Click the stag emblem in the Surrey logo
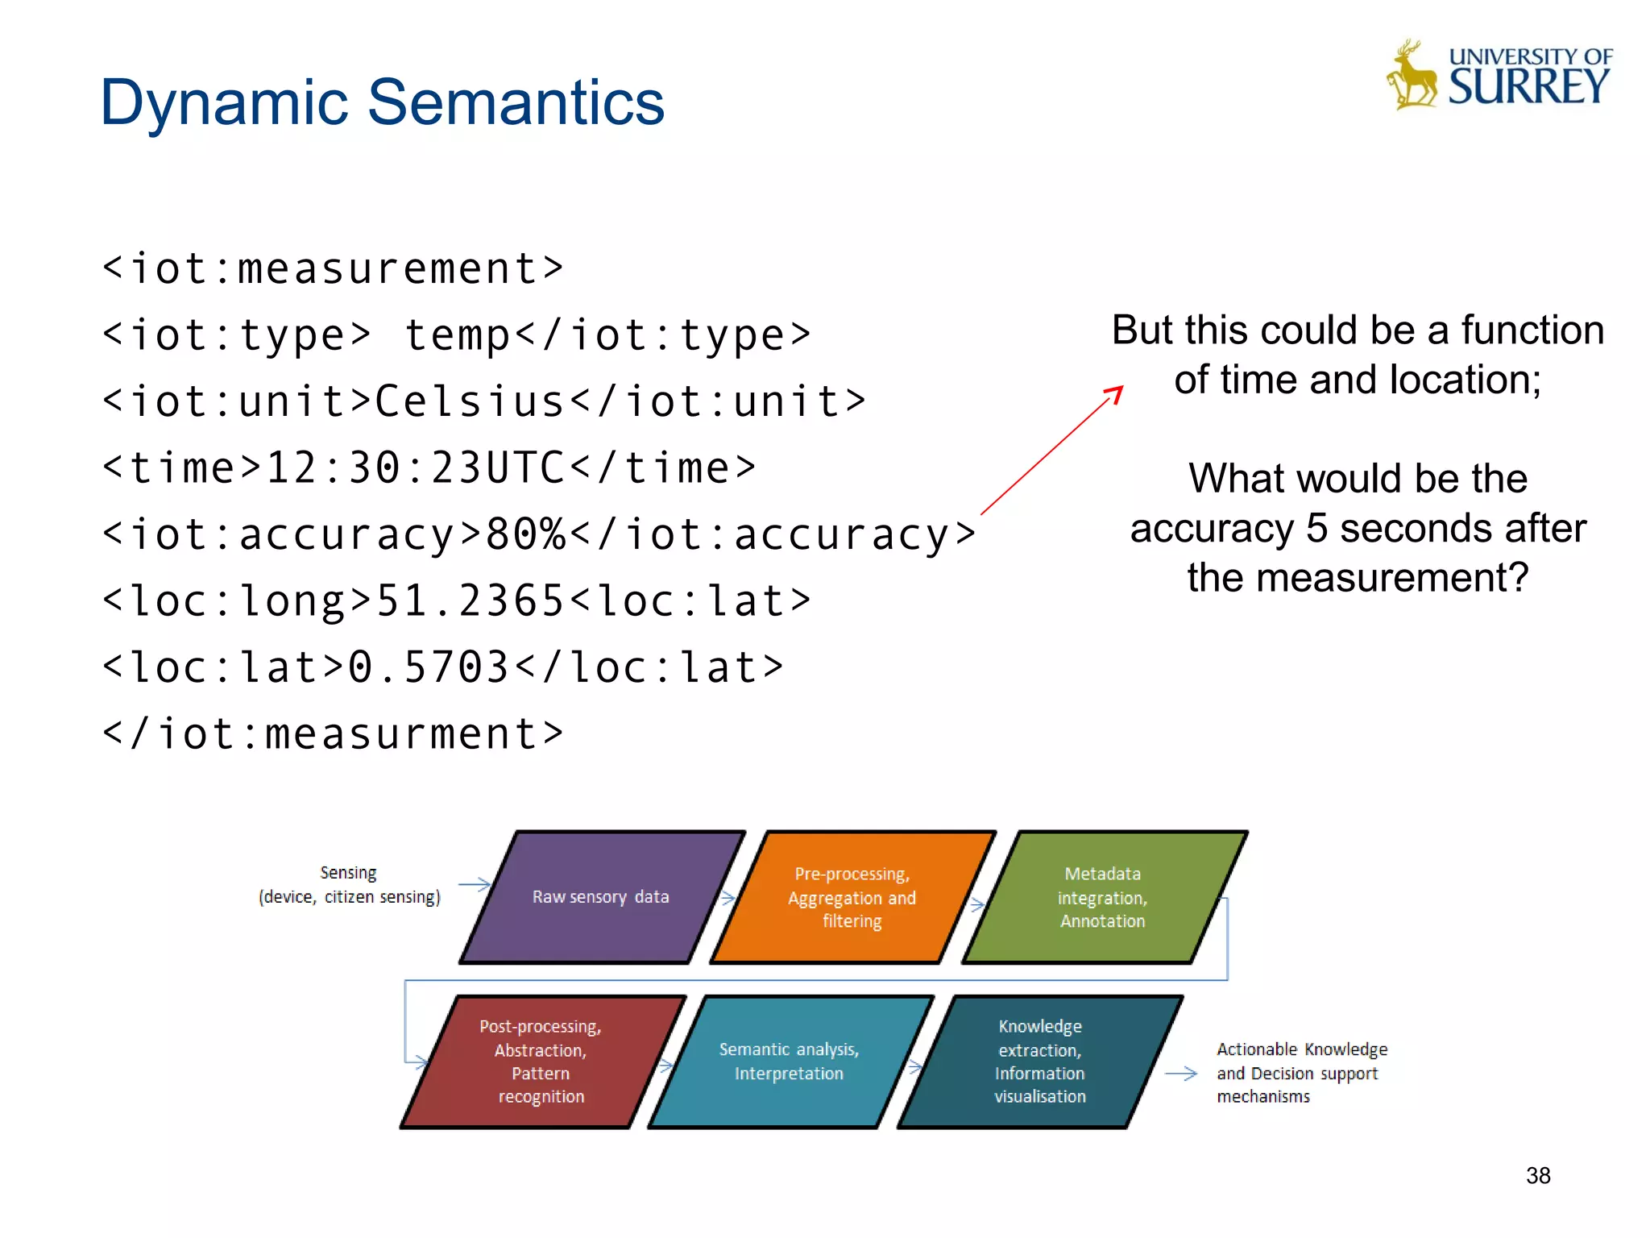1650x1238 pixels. click(1411, 77)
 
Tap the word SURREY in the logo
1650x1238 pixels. click(1528, 87)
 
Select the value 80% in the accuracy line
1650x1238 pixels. click(526, 534)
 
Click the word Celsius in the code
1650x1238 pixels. click(471, 401)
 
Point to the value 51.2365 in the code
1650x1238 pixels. click(471, 601)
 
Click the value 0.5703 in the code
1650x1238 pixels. click(429, 667)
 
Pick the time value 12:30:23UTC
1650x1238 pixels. click(415, 468)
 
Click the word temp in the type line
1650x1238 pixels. click(457, 335)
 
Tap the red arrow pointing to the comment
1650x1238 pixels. click(1051, 451)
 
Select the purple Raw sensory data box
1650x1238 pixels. click(601, 897)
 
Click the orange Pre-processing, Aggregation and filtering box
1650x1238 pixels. click(852, 897)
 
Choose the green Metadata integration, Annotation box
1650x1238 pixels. click(1102, 897)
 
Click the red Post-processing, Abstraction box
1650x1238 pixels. click(541, 1061)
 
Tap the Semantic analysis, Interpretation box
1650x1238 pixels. click(789, 1061)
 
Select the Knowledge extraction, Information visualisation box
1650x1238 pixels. click(1039, 1061)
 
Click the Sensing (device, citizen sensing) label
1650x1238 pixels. click(349, 885)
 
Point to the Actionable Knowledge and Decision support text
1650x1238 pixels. click(1300, 1073)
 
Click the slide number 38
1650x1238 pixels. click(1537, 1176)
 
